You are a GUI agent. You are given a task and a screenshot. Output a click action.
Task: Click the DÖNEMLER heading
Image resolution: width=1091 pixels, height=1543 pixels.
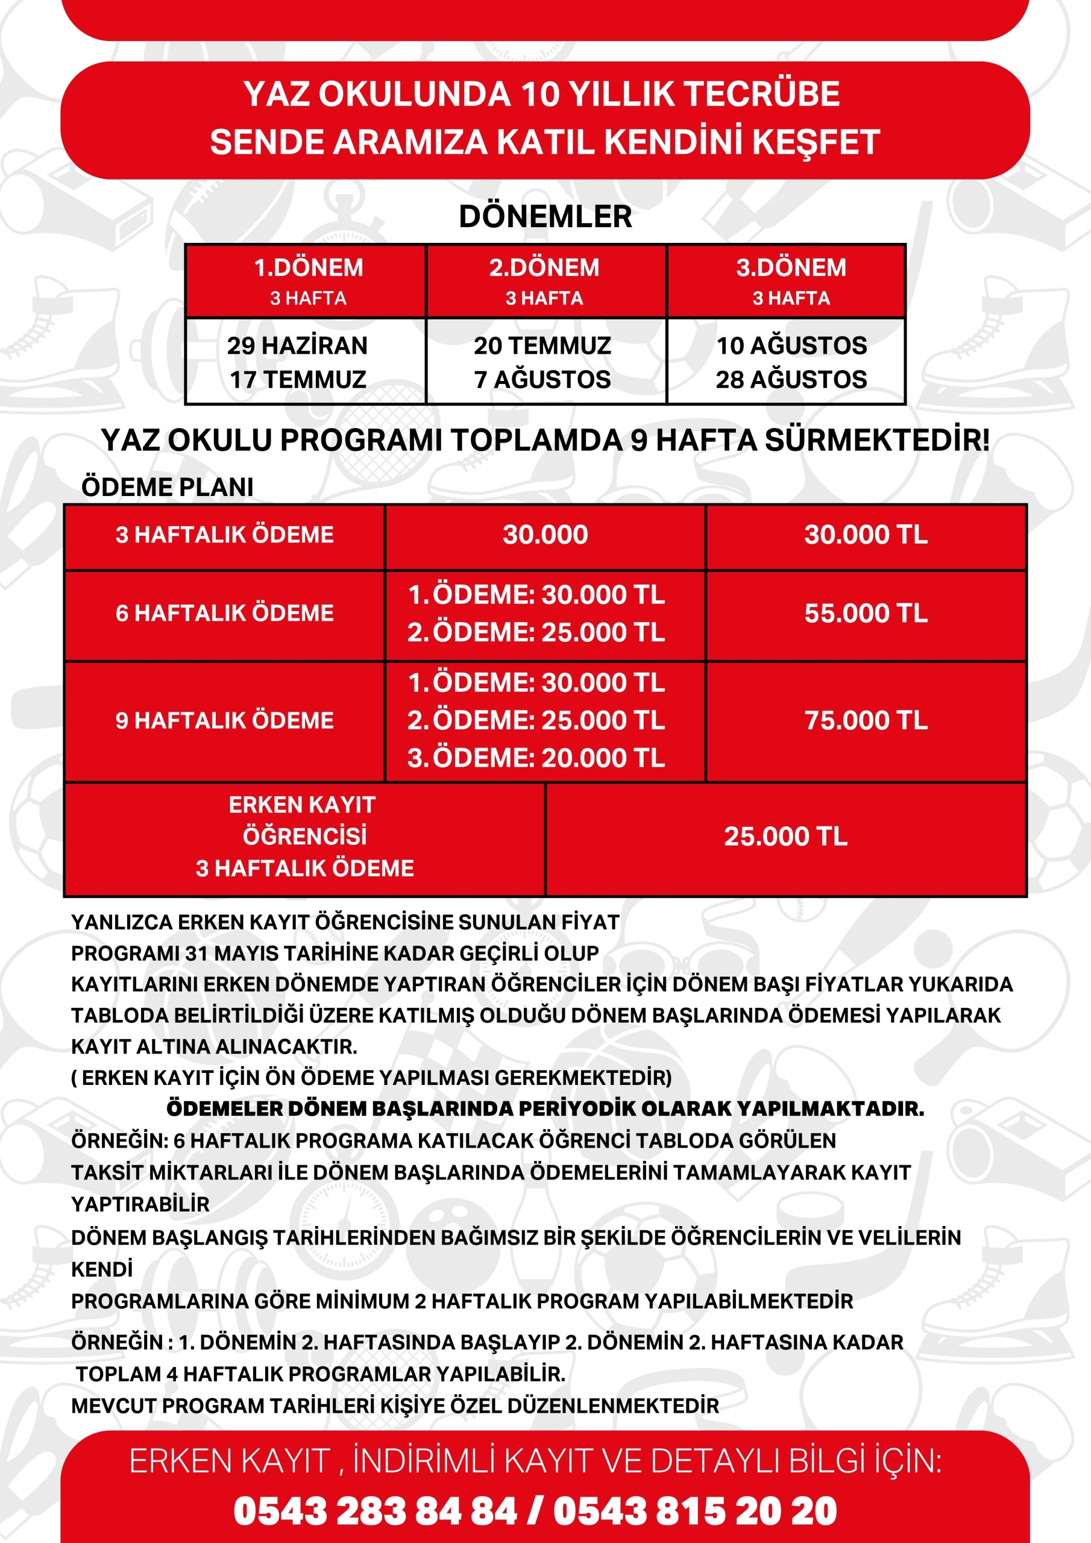tap(545, 216)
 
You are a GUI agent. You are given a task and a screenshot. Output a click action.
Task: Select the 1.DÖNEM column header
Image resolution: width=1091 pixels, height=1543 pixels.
tap(309, 268)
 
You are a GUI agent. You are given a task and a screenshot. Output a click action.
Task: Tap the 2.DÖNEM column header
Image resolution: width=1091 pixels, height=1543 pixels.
tap(544, 268)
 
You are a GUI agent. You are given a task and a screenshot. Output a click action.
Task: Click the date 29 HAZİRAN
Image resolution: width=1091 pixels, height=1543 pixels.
tap(297, 345)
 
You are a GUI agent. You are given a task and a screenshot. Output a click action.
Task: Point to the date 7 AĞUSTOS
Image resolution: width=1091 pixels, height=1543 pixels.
tap(542, 380)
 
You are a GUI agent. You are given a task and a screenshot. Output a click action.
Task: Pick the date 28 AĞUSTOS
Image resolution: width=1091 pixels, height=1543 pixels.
tap(791, 380)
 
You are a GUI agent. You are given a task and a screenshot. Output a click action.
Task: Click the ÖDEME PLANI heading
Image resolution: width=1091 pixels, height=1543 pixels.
tap(168, 487)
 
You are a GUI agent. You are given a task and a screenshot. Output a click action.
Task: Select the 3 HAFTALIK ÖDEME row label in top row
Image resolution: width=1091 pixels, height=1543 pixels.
tap(224, 535)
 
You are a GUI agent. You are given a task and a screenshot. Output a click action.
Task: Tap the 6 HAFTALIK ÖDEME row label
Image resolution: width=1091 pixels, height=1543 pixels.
tap(224, 613)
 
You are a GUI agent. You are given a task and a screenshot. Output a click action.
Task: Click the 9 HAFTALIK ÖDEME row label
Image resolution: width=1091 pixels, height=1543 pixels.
tap(224, 720)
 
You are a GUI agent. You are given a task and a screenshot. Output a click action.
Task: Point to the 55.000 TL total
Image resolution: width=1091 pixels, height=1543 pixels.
tap(866, 613)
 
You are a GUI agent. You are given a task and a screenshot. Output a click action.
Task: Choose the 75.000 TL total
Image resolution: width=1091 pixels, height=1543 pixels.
tap(866, 720)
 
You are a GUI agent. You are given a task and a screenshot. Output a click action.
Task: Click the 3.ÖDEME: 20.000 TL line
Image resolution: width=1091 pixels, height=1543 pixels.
tap(536, 758)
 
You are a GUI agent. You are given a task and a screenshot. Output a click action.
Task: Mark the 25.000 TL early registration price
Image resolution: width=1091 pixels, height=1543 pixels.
tap(785, 837)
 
